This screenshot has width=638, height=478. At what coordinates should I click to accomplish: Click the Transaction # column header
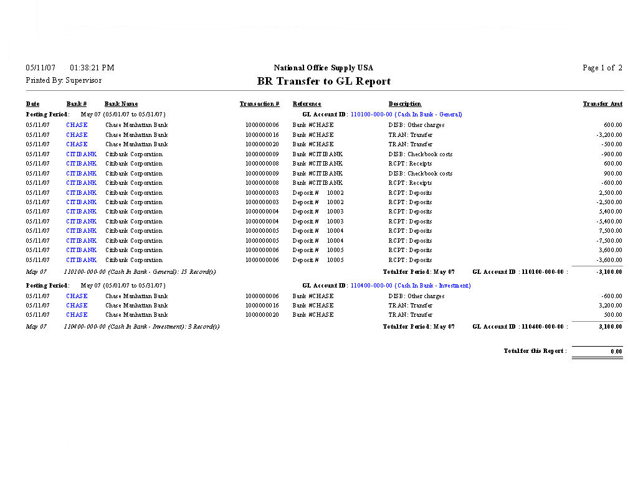259,104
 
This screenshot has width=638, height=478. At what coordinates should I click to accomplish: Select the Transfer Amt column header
602,104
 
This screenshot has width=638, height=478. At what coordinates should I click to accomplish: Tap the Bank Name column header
121,104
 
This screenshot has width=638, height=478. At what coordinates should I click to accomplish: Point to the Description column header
405,104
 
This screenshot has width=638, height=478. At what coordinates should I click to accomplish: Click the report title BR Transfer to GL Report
324,82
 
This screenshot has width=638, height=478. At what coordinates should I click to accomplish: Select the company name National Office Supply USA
323,68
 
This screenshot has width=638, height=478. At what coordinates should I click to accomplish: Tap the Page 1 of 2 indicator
602,68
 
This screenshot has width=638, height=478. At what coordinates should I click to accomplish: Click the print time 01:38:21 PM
92,68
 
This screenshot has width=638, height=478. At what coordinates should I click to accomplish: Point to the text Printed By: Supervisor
64,80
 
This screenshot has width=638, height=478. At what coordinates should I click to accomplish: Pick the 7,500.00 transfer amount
609,231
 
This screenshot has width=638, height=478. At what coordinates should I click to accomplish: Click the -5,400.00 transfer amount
609,222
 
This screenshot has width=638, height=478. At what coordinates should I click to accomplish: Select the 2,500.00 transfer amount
609,193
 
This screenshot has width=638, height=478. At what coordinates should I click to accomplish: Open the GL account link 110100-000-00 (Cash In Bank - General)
406,115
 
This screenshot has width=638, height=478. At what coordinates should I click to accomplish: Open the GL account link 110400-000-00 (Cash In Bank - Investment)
411,286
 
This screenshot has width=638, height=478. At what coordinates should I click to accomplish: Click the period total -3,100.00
608,272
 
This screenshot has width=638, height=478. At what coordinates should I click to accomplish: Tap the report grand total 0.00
616,352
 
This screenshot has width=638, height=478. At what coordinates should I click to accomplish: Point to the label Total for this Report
535,351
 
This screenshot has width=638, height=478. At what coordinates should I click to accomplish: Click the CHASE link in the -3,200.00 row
77,135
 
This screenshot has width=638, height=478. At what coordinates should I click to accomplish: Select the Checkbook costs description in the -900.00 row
421,154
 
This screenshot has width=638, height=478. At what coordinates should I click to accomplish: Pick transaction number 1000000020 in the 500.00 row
262,315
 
